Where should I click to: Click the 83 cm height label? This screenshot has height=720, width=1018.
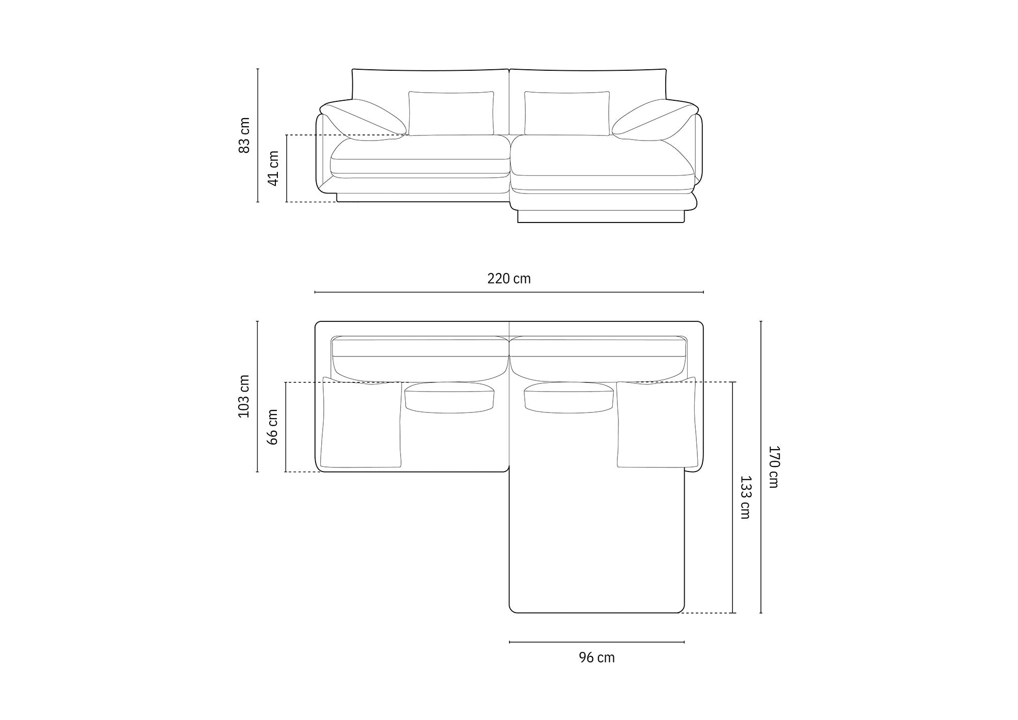245,135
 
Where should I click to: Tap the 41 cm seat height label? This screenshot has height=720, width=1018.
273,169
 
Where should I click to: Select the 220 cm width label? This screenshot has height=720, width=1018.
509,279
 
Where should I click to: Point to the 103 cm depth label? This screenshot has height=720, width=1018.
244,396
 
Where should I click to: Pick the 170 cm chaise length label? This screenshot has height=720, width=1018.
773,467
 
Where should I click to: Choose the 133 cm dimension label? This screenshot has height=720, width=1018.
745,497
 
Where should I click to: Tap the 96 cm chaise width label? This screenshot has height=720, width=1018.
597,657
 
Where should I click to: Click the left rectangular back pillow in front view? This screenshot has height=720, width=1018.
451,114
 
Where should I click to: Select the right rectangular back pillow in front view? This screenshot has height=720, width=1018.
567,114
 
